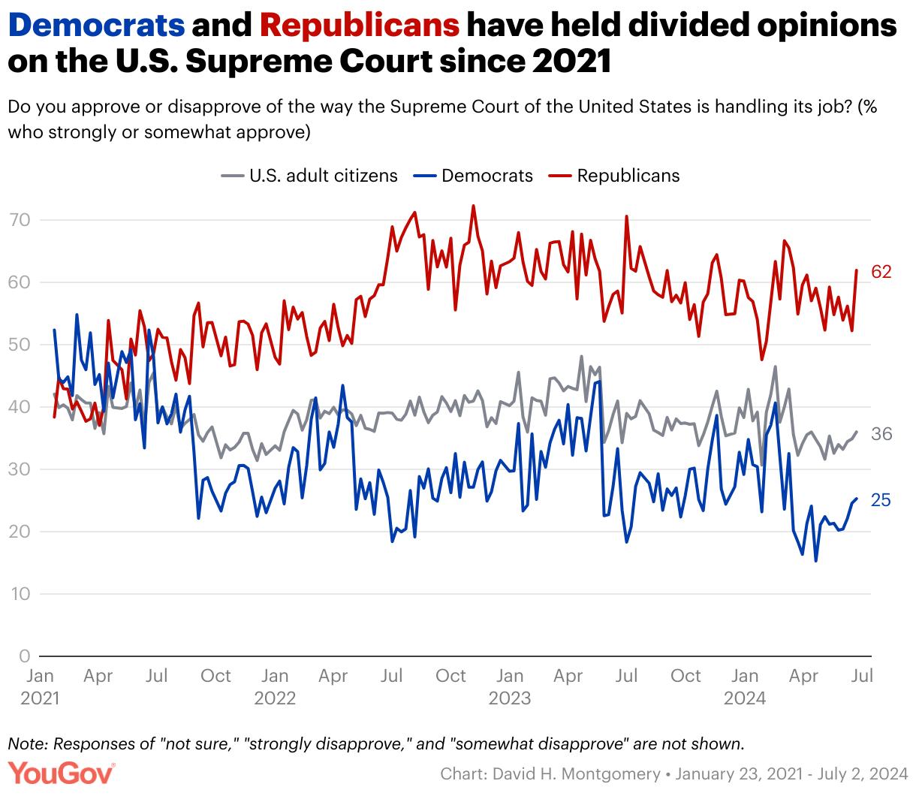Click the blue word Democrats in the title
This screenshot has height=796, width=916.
point(97,26)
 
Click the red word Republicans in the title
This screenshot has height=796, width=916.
point(360,26)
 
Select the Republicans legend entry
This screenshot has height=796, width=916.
point(628,176)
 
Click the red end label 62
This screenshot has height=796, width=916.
point(881,272)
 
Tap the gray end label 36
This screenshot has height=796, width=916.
point(881,434)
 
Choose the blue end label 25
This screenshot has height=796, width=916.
point(881,499)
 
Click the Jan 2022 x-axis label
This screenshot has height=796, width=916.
point(276,686)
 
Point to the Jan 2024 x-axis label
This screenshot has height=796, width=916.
point(745,686)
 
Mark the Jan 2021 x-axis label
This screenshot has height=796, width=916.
point(39,686)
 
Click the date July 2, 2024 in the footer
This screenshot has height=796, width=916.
point(866,773)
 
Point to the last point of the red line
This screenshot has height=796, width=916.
point(857,270)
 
